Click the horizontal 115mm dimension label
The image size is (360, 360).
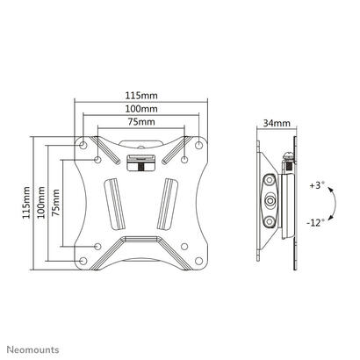(x=141, y=96)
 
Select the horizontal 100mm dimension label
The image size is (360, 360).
(x=141, y=109)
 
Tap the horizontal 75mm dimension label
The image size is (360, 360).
(x=141, y=121)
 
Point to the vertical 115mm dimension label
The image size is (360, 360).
(x=26, y=202)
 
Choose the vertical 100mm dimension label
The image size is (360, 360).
(x=41, y=202)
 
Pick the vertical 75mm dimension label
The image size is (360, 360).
(x=55, y=203)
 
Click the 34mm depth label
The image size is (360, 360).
(x=277, y=123)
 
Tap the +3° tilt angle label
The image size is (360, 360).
(x=317, y=185)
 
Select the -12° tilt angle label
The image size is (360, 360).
(x=316, y=223)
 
